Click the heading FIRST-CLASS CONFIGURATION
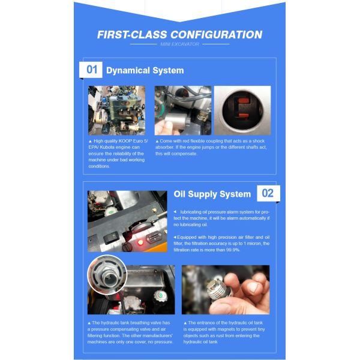pyautogui.click(x=179, y=35)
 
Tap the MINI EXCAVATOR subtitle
pyautogui.click(x=179, y=44)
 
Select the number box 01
pyautogui.click(x=91, y=70)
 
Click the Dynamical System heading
pyautogui.click(x=145, y=70)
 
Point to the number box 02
pyautogui.click(x=268, y=193)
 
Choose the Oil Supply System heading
pyautogui.click(x=212, y=194)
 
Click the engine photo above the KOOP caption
pyautogui.click(x=116, y=110)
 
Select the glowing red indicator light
pyautogui.click(x=140, y=242)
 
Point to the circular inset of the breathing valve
pyautogui.click(x=107, y=275)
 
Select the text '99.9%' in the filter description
pyautogui.click(x=233, y=250)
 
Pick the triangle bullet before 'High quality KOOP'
pyautogui.click(x=90, y=141)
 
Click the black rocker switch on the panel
pyautogui.click(x=112, y=238)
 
